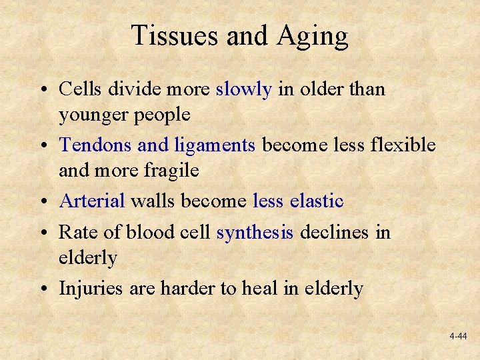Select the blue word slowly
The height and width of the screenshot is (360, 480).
[243, 89]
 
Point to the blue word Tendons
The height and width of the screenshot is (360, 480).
[95, 145]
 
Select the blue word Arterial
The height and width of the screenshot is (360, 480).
[93, 200]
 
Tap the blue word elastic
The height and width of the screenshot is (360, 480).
[317, 200]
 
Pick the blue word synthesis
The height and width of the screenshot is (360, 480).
[255, 233]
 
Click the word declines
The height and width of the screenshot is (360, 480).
[335, 232]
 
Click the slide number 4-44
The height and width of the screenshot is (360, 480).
[458, 337]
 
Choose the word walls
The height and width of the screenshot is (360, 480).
[153, 200]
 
